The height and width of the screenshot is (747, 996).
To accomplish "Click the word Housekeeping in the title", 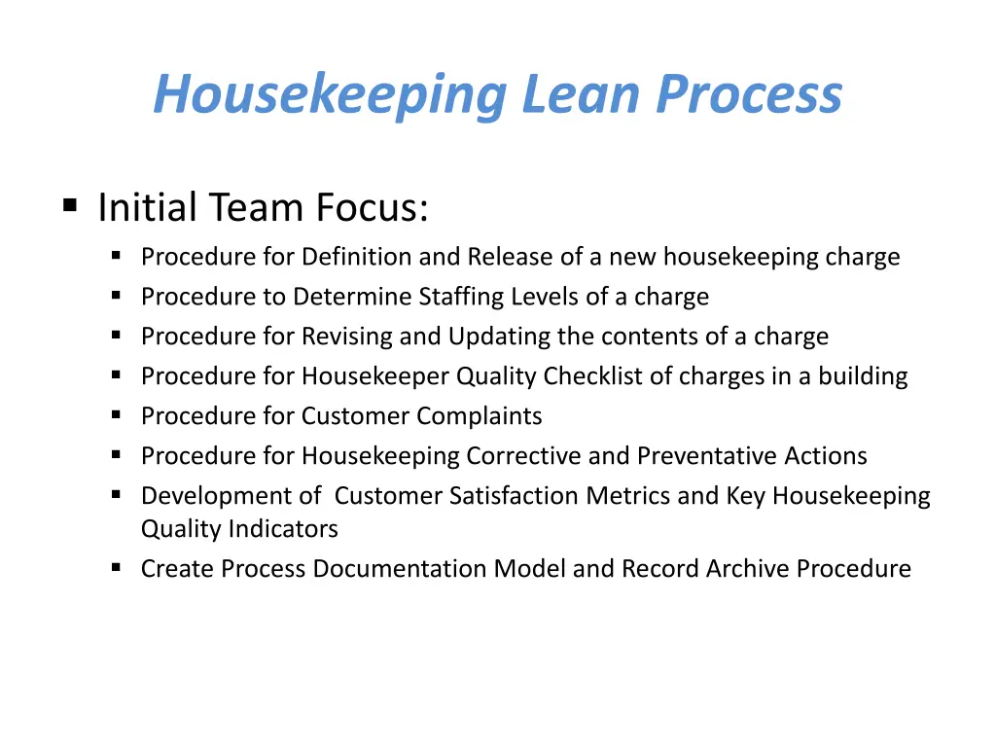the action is click(x=331, y=95).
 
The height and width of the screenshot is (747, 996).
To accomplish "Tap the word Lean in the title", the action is click(x=581, y=93).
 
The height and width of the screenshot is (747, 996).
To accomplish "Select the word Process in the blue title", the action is click(x=749, y=93).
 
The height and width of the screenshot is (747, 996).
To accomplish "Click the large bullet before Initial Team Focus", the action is click(x=70, y=205).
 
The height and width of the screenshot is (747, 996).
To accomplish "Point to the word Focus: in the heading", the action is click(x=373, y=207).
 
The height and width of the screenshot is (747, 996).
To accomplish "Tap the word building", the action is click(x=863, y=376).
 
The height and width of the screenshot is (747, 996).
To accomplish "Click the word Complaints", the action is click(x=479, y=416).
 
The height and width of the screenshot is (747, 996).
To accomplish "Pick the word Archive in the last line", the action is click(x=747, y=568).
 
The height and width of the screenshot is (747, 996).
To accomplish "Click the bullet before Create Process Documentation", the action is click(x=116, y=567).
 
